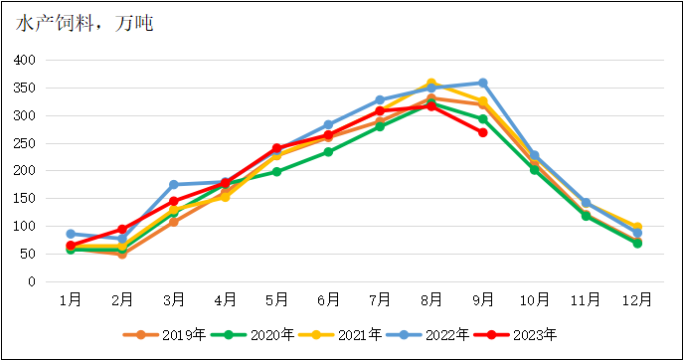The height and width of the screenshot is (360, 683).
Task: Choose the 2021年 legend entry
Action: click(x=328, y=334)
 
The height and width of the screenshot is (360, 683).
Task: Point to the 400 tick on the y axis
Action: click(x=25, y=60)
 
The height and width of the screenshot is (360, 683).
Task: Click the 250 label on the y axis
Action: click(x=25, y=143)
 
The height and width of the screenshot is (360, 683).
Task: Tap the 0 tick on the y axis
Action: click(x=32, y=282)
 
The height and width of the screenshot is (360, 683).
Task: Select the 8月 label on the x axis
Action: click(x=430, y=298)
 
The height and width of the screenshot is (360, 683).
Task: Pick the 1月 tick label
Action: click(x=70, y=298)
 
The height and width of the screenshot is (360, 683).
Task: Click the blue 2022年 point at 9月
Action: click(x=482, y=83)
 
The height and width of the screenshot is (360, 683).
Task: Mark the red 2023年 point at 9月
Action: click(x=482, y=132)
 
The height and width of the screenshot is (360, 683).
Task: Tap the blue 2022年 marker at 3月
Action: click(x=173, y=185)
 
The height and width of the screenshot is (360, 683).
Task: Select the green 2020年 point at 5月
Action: click(x=276, y=172)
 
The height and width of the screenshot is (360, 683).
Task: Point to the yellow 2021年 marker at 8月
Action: click(x=430, y=84)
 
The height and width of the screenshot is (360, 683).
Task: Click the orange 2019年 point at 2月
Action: click(x=121, y=255)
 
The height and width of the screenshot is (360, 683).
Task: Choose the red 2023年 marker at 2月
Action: click(x=121, y=230)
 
